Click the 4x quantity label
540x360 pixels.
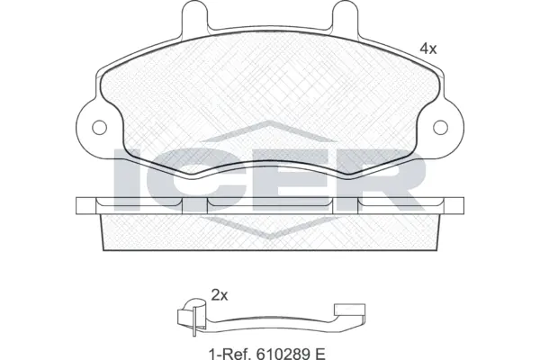[x=427, y=49]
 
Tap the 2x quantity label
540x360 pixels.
[x=219, y=294]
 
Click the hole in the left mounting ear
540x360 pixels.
[x=100, y=127]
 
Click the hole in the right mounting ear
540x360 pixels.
[x=441, y=127]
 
